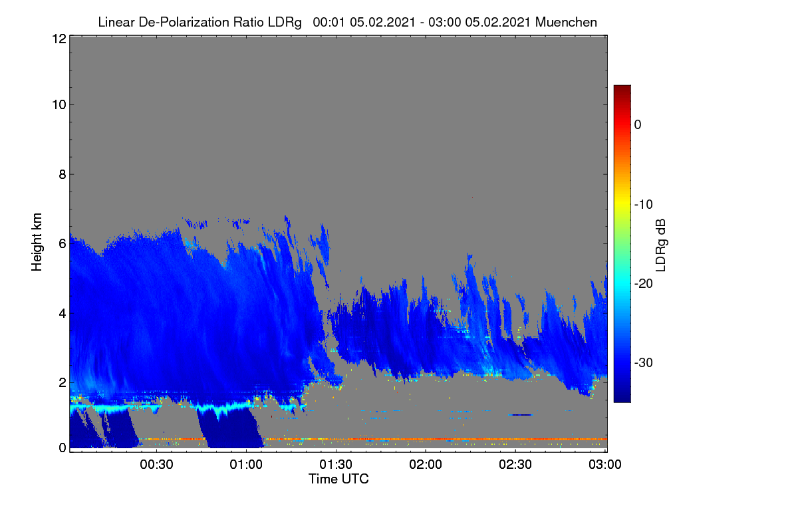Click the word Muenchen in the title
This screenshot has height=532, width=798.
tap(566, 23)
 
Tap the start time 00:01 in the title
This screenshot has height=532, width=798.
tap(329, 23)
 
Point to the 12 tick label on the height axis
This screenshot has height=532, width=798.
tap(59, 39)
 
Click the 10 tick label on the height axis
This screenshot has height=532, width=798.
tap(59, 105)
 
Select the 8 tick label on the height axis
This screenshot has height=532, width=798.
tap(63, 174)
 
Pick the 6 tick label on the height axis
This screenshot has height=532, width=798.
tap(63, 244)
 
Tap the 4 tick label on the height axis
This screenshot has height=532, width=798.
tap(63, 314)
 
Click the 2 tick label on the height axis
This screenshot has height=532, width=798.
tap(63, 382)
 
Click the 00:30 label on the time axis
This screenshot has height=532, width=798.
tap(156, 465)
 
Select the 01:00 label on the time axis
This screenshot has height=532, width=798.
tap(246, 465)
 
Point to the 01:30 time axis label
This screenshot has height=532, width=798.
tap(336, 465)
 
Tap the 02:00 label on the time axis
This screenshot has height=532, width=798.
tap(426, 465)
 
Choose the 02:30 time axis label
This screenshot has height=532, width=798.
tap(515, 465)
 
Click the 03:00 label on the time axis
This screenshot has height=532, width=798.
tap(605, 465)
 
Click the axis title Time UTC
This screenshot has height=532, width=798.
tap(338, 479)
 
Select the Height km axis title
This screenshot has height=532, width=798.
tap(37, 242)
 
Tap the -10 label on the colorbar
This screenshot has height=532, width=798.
tap(644, 205)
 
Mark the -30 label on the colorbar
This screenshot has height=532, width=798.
tap(644, 362)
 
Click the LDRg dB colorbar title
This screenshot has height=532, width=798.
tap(661, 245)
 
